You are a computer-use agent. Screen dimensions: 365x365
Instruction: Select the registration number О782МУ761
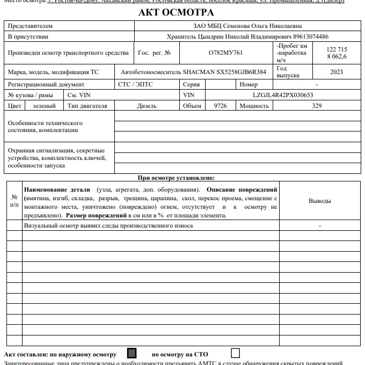click(x=225, y=53)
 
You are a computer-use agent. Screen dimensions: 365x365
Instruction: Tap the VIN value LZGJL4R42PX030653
click(x=283, y=95)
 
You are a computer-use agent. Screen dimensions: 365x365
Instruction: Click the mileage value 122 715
click(x=337, y=49)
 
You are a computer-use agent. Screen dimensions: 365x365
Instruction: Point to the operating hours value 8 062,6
click(x=337, y=56)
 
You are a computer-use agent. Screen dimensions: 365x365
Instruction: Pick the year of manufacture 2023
click(x=337, y=72)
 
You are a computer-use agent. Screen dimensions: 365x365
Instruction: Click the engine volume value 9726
click(x=220, y=106)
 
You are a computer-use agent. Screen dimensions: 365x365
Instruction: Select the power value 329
click(x=317, y=106)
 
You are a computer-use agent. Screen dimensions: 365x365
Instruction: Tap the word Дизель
click(x=147, y=106)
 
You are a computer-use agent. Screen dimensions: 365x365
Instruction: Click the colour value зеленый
click(x=44, y=106)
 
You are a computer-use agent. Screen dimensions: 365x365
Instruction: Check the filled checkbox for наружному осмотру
click(x=132, y=353)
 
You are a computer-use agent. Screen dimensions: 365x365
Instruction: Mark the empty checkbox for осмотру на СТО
click(x=235, y=353)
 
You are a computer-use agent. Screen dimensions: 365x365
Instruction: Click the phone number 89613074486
click(x=306, y=36)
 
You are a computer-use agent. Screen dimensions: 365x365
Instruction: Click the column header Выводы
click(x=319, y=201)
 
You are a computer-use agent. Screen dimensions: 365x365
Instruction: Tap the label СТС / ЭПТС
click(x=135, y=84)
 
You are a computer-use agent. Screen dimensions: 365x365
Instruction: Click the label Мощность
click(x=254, y=106)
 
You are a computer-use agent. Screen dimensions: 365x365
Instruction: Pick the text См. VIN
click(x=78, y=95)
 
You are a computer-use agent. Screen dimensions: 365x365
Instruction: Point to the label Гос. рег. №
click(x=155, y=53)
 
